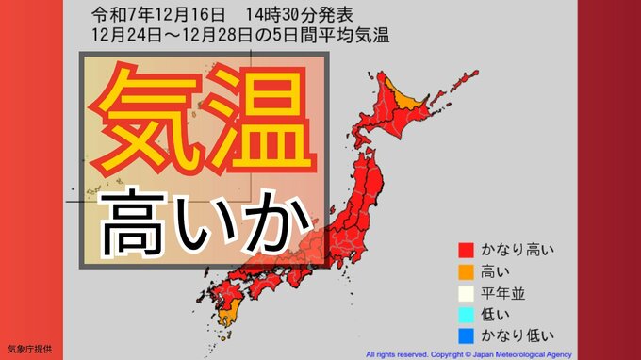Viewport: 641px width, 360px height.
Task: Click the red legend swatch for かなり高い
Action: coord(464,250)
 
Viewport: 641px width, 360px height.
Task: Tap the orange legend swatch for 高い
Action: coord(464,271)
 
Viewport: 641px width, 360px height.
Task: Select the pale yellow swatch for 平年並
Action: coord(464,293)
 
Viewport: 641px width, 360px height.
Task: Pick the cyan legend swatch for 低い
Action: coord(464,314)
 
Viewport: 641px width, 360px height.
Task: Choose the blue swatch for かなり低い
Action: coord(464,335)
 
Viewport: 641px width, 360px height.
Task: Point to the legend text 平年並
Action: coord(503,293)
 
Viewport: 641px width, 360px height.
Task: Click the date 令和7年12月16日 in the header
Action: coord(146,15)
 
